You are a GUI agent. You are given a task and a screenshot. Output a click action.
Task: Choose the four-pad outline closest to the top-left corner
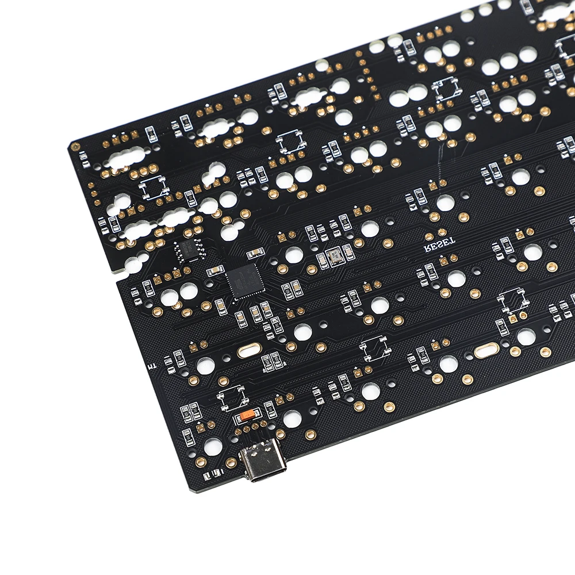pos(154,187)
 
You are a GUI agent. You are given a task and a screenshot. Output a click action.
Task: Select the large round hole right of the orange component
pos(292,419)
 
